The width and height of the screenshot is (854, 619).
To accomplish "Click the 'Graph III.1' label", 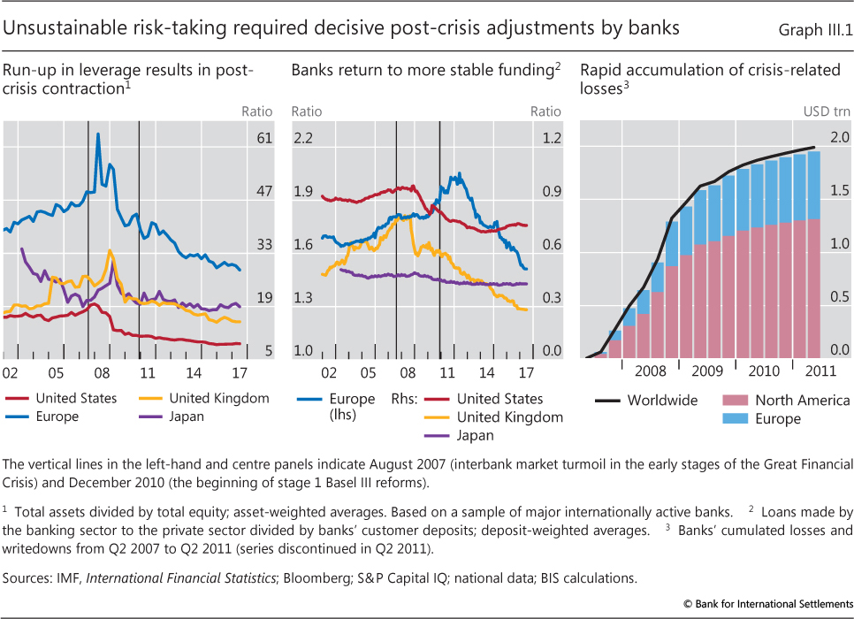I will pyautogui.click(x=814, y=29).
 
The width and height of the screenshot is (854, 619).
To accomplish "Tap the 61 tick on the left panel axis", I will pyautogui.click(x=263, y=138).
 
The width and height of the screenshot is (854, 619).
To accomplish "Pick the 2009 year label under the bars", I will pyautogui.click(x=707, y=371).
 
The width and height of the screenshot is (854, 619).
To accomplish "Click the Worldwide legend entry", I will pyautogui.click(x=661, y=400).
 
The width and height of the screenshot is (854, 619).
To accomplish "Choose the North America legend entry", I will pyautogui.click(x=802, y=400).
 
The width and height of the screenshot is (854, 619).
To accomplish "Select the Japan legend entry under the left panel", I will pyautogui.click(x=186, y=416).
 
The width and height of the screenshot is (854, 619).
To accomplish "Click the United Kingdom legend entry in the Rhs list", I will pyautogui.click(x=509, y=417).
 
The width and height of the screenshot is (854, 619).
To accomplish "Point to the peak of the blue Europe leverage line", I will pyautogui.click(x=97, y=134).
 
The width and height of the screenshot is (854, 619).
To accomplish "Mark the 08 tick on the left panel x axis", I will pyautogui.click(x=103, y=371).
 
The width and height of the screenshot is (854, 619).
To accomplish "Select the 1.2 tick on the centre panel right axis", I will pyautogui.click(x=552, y=138).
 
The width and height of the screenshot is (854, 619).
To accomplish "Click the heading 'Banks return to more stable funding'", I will pyautogui.click(x=422, y=70).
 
